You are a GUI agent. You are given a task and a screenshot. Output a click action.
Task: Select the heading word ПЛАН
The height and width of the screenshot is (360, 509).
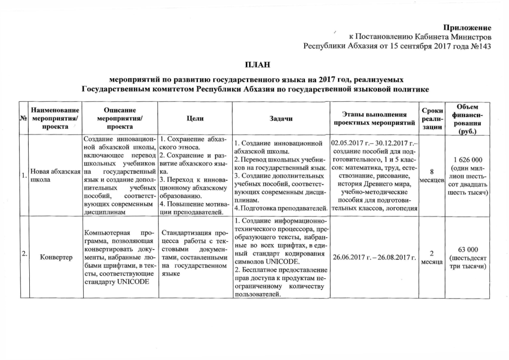[x=255, y=66]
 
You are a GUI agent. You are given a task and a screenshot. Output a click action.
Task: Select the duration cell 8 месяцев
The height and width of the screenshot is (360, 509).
[x=431, y=175]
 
